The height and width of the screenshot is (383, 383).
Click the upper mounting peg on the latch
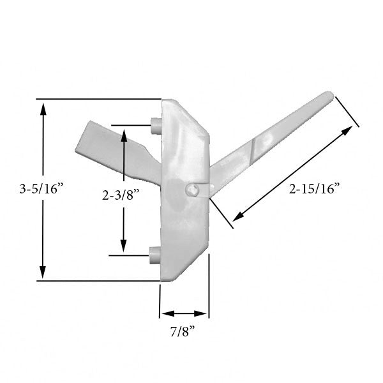pos(154,125)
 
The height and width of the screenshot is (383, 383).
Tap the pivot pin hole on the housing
pos(193,189)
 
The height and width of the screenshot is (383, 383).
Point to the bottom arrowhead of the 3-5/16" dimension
pos(43,273)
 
